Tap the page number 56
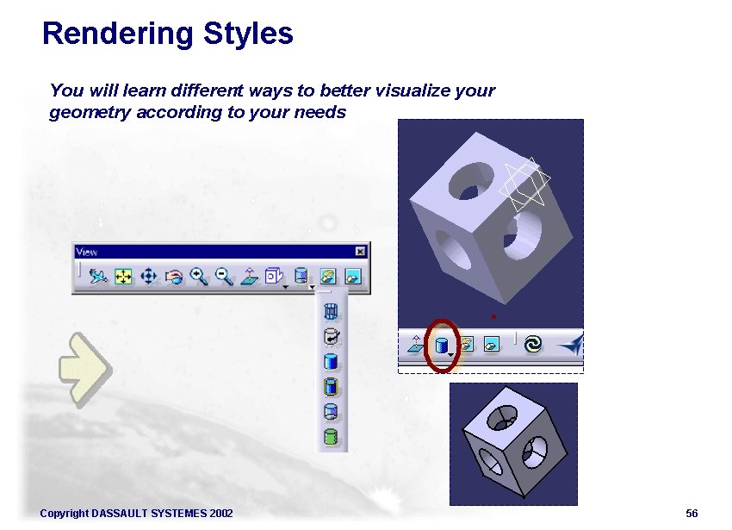[x=692, y=514]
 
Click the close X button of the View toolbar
[x=360, y=252]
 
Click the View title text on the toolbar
[x=87, y=252]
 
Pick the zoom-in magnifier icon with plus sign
[x=199, y=276]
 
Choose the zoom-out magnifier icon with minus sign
[x=224, y=276]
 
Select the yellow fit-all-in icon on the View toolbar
[x=123, y=277]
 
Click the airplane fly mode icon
[x=99, y=277]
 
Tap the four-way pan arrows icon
[x=147, y=277]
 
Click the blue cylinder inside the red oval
[x=441, y=346]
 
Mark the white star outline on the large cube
[x=527, y=185]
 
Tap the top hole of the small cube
[x=500, y=420]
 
